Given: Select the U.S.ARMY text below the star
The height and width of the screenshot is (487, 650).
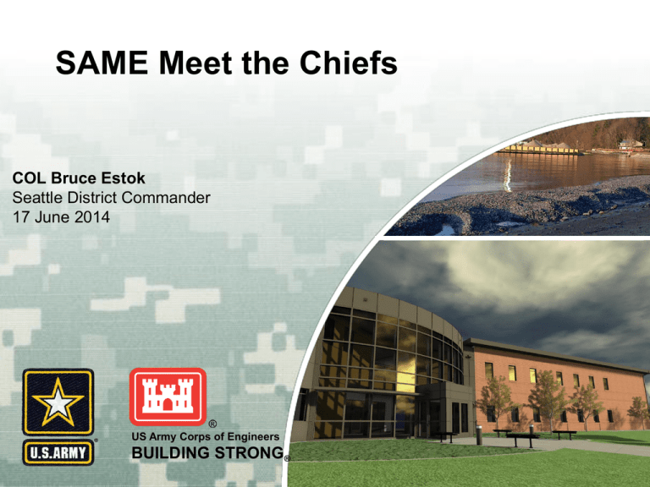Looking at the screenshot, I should click(58, 449).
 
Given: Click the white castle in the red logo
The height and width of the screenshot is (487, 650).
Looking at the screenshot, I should click(167, 396).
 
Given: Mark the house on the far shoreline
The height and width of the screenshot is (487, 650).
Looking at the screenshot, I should click(628, 145).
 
